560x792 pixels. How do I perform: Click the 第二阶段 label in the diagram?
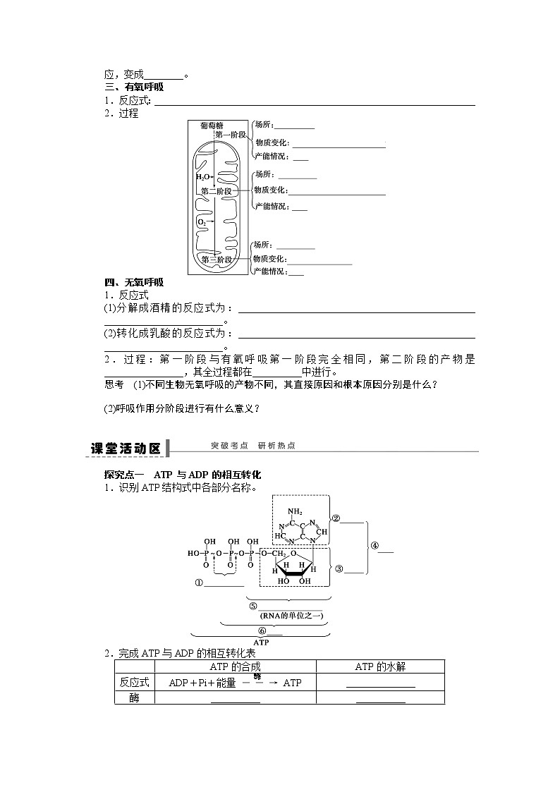click(x=216, y=191)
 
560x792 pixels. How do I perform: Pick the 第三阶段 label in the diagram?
click(x=216, y=260)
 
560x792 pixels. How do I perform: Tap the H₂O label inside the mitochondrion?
click(x=203, y=177)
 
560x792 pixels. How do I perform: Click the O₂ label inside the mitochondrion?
click(x=202, y=222)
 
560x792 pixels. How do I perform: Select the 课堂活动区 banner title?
click(x=127, y=448)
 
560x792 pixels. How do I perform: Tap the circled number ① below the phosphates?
click(x=199, y=583)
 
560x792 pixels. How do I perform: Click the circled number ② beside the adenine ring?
click(x=336, y=518)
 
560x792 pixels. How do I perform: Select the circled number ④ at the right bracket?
click(x=375, y=545)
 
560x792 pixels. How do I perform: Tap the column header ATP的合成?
click(x=236, y=666)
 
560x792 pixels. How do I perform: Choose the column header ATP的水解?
click(x=380, y=666)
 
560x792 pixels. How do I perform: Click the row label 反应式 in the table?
click(x=135, y=682)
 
